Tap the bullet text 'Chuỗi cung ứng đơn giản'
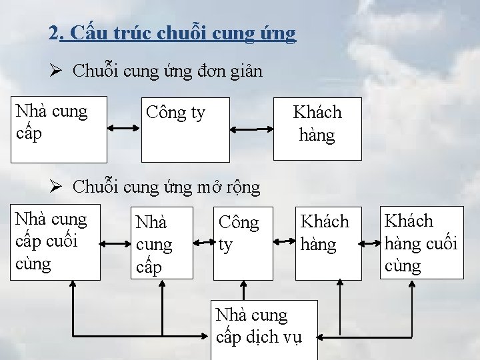click(x=167, y=71)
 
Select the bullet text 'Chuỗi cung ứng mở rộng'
click(x=166, y=187)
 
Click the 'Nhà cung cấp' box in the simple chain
click(x=59, y=130)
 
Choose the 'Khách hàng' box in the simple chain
click(x=317, y=129)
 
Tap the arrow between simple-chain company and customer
click(x=251, y=130)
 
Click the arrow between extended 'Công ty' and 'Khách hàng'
click(x=284, y=236)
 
